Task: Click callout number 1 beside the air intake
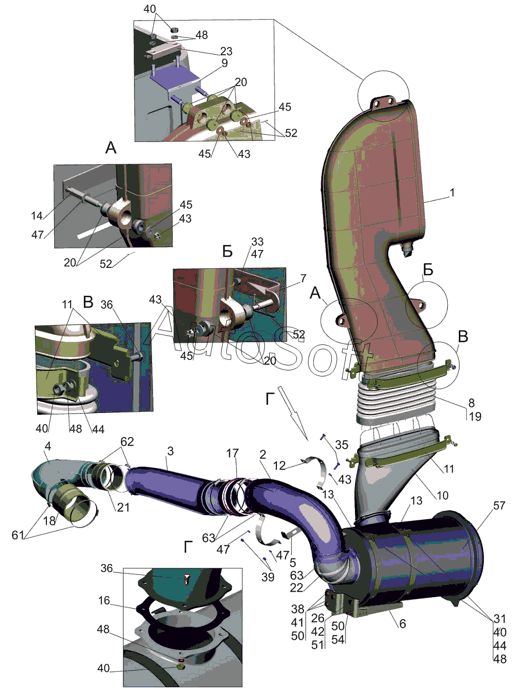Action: [x=452, y=193]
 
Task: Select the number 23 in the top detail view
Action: [x=226, y=51]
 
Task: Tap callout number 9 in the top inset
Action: [x=225, y=63]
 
